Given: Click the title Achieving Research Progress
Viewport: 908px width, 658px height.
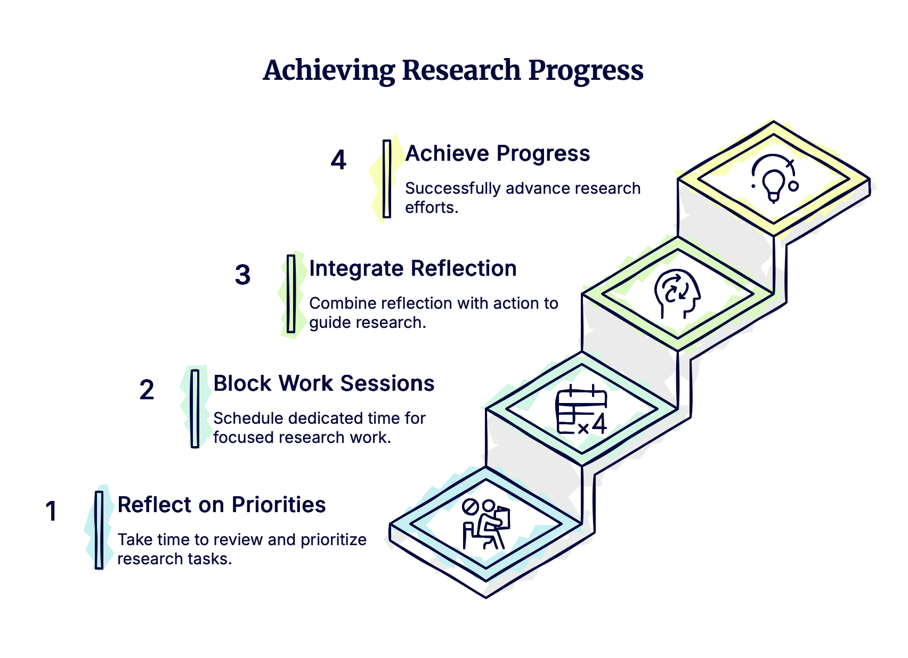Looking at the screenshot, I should [453, 70].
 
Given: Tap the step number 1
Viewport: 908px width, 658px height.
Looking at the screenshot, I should [51, 512].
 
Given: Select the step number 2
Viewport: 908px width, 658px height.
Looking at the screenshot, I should [147, 390].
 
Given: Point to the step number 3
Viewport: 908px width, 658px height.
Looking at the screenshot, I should [242, 275].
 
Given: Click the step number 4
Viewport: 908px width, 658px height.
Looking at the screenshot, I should [338, 160].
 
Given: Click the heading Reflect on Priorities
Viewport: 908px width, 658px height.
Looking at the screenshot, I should [221, 505].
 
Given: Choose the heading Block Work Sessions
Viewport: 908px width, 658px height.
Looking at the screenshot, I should [323, 383].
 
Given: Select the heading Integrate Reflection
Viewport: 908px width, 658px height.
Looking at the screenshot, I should [412, 268].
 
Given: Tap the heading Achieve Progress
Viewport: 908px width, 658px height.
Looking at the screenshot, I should [497, 153].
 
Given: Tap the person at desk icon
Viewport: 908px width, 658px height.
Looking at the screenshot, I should [485, 524].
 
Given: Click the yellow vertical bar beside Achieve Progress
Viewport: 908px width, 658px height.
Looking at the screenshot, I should [387, 179].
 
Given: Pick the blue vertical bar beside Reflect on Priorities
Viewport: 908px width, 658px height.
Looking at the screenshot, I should [99, 530].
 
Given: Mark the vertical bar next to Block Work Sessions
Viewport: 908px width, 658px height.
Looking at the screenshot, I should [195, 408].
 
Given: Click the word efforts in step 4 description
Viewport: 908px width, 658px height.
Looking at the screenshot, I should [431, 208].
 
